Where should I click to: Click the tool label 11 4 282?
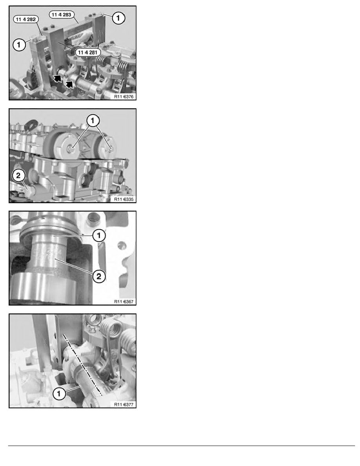pyautogui.click(x=26, y=19)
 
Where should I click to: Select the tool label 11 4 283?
pyautogui.click(x=62, y=15)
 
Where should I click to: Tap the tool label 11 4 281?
pyautogui.click(x=87, y=52)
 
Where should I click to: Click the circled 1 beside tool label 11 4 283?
pyautogui.click(x=118, y=18)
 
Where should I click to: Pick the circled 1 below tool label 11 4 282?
pyautogui.click(x=19, y=45)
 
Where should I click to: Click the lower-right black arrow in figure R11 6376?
pyautogui.click(x=69, y=84)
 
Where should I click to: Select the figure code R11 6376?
pyautogui.click(x=124, y=96)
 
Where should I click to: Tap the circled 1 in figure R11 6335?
pyautogui.click(x=93, y=120)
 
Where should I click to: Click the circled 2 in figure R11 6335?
pyautogui.click(x=18, y=175)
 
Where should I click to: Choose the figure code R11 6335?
pyautogui.click(x=124, y=199)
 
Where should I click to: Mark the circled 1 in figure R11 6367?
pyautogui.click(x=99, y=236)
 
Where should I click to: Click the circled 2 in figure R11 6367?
pyautogui.click(x=99, y=277)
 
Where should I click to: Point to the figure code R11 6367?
pyautogui.click(x=124, y=302)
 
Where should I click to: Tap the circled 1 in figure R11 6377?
pyautogui.click(x=59, y=393)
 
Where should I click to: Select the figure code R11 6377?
pyautogui.click(x=124, y=404)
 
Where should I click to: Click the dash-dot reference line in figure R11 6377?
pyautogui.click(x=83, y=365)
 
